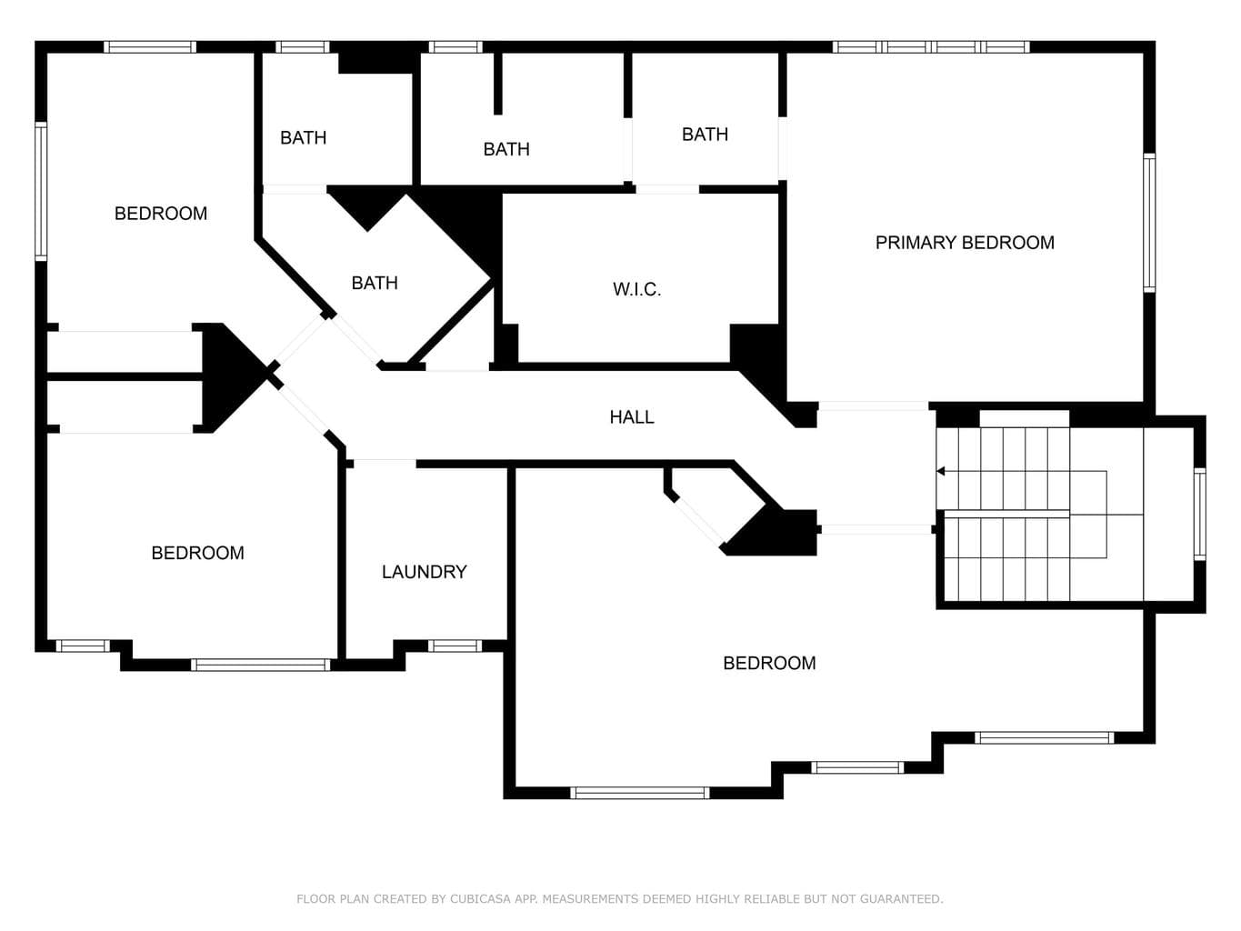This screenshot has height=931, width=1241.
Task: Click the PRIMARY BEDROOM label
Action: (965, 243)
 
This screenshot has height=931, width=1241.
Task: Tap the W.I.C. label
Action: (636, 289)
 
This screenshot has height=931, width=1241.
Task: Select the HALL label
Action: (632, 417)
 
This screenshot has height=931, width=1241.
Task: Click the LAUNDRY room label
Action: (424, 572)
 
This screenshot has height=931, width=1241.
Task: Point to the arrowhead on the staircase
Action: (941, 471)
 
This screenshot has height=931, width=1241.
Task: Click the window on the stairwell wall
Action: (1199, 514)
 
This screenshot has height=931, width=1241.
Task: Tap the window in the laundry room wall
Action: (455, 646)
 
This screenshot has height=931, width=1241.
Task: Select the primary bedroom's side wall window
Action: (1149, 223)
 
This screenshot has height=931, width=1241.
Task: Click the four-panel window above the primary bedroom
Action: (931, 47)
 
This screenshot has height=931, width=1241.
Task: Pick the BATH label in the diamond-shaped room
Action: (375, 283)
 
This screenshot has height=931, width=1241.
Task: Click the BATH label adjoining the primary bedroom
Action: (705, 135)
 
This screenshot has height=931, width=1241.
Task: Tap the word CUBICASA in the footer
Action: (480, 899)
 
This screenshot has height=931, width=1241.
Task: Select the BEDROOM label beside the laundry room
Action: (197, 553)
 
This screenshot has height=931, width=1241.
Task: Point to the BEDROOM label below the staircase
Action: (769, 663)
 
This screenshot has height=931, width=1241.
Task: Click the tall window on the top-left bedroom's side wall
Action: (41, 192)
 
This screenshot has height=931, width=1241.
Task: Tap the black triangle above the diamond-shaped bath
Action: (367, 207)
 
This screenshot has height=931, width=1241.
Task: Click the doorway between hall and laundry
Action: (385, 464)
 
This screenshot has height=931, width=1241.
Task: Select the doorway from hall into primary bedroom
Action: (873, 405)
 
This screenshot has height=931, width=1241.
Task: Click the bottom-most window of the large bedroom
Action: (639, 793)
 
